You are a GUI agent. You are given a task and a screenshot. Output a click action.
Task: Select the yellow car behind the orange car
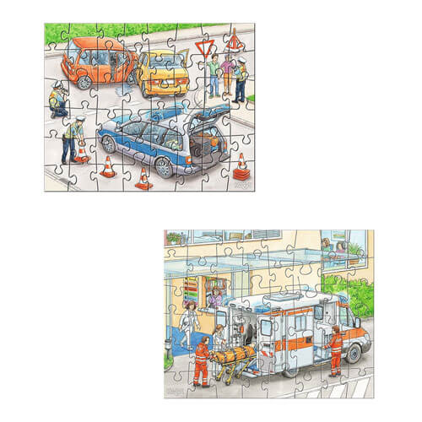162,73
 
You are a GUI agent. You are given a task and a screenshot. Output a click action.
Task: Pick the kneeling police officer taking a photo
57,100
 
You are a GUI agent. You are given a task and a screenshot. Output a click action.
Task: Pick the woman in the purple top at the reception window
216,298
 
